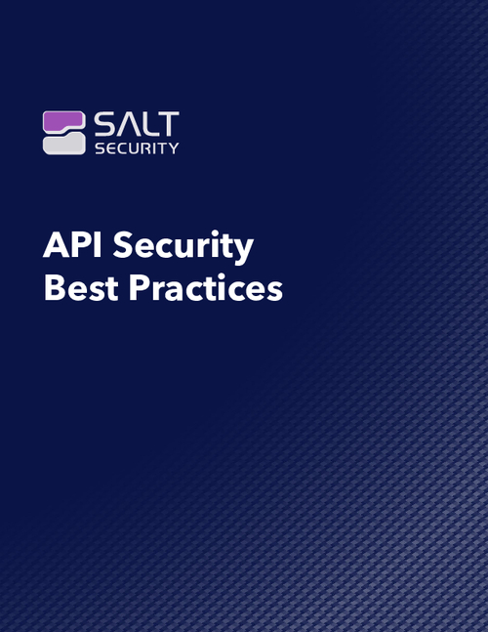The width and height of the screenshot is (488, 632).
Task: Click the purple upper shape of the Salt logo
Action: pyautogui.click(x=63, y=120)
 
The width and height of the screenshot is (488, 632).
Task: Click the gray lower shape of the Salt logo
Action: pyautogui.click(x=64, y=144)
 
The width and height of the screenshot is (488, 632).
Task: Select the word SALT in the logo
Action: pyautogui.click(x=137, y=124)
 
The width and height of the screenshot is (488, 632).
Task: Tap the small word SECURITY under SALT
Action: pyautogui.click(x=137, y=148)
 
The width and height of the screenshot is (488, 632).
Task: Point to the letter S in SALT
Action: pyautogui.click(x=103, y=124)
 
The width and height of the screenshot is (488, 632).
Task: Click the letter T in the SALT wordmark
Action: pyautogui.click(x=168, y=124)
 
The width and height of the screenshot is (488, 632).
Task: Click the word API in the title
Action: pyautogui.click(x=72, y=244)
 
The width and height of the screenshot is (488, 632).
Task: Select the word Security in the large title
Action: pyautogui.click(x=183, y=247)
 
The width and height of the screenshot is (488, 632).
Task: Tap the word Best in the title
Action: pyautogui.click(x=81, y=288)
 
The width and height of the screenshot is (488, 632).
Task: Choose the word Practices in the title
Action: pyautogui.click(x=206, y=287)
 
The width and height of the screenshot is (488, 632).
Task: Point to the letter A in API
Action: pyautogui.click(x=57, y=244)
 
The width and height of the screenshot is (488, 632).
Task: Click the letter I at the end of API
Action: pyautogui.click(x=98, y=244)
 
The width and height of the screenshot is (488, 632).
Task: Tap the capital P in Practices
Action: pyautogui.click(x=139, y=288)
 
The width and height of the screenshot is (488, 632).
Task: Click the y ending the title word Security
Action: pyautogui.click(x=242, y=252)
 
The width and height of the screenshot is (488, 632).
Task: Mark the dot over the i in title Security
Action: pyautogui.click(x=214, y=232)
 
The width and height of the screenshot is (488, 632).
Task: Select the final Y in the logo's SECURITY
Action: pyautogui.click(x=174, y=148)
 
